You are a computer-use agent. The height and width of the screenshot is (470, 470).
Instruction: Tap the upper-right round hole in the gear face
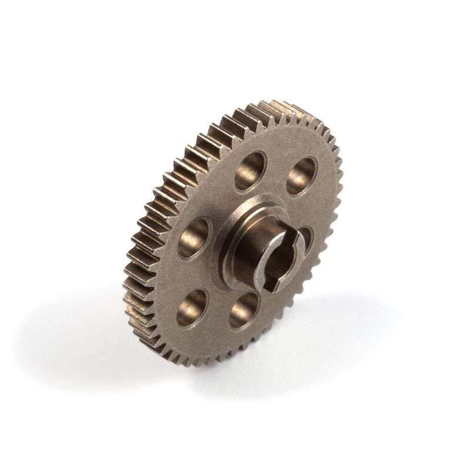point(302,175)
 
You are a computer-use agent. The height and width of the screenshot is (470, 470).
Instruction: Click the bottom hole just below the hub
point(244,310)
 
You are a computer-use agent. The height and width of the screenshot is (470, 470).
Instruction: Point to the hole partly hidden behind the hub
point(307,238)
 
